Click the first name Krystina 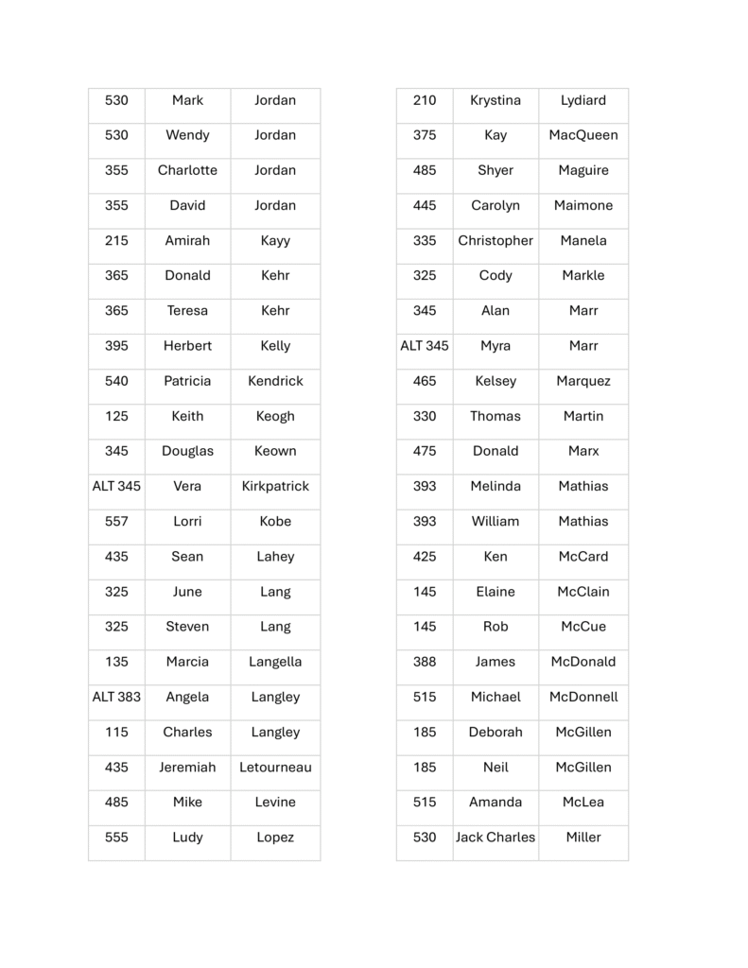(495, 100)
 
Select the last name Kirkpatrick (275, 486)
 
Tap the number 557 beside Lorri (116, 521)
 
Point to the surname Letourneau (275, 767)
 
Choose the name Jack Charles (495, 837)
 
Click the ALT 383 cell (116, 697)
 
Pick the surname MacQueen (583, 135)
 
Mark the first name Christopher (495, 240)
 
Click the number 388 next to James (425, 662)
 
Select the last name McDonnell (583, 697)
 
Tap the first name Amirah (187, 240)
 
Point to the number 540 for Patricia (116, 381)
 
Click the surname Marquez (583, 381)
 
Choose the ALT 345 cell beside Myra (425, 346)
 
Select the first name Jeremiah (187, 767)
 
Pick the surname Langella (275, 662)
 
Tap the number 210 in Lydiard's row (425, 100)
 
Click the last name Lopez (275, 837)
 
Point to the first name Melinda (495, 486)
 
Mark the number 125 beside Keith (116, 416)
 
